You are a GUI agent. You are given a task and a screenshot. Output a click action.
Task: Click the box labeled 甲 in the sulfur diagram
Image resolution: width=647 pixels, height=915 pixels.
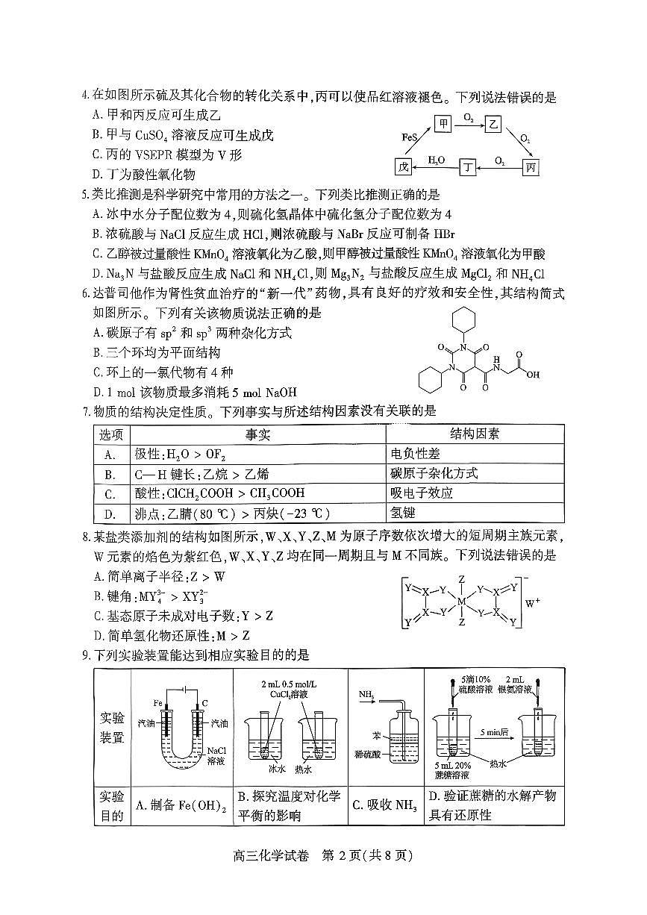(x=444, y=123)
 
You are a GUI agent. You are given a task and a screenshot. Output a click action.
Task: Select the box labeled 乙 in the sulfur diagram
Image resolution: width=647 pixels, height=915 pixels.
(x=493, y=123)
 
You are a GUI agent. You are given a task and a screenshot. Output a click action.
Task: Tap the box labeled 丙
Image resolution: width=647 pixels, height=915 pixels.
(x=530, y=166)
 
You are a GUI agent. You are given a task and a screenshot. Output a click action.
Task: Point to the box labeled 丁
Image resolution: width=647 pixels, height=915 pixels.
(x=467, y=166)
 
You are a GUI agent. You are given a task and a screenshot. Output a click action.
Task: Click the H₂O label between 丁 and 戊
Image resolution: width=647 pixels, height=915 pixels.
(x=436, y=160)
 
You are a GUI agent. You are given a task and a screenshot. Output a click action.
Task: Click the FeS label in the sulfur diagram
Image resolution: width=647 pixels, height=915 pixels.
(x=409, y=138)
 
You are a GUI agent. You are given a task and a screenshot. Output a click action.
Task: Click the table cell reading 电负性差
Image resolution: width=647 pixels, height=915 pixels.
(x=415, y=454)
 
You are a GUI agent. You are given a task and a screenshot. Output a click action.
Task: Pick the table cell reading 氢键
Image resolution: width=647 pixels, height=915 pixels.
(x=402, y=513)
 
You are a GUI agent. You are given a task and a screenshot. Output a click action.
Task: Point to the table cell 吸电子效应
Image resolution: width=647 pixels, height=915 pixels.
(x=421, y=493)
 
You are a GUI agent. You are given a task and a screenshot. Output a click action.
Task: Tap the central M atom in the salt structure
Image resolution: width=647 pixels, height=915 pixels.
(x=461, y=600)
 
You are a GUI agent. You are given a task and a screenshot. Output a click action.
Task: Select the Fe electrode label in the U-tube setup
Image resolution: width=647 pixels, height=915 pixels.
(x=158, y=703)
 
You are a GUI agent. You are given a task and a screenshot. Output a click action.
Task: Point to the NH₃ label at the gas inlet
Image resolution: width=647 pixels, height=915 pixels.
(x=366, y=695)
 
